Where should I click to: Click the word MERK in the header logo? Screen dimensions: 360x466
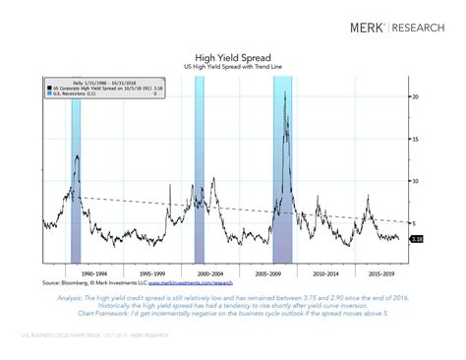(x=367, y=27)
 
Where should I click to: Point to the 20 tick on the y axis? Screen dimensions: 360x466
(x=416, y=96)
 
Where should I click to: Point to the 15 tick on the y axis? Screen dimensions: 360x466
(x=416, y=139)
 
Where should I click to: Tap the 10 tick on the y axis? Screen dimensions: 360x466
(x=416, y=181)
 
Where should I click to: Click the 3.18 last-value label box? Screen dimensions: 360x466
(x=417, y=238)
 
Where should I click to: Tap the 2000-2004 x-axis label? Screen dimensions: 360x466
(x=210, y=273)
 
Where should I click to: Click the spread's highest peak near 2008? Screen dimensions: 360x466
(x=285, y=92)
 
